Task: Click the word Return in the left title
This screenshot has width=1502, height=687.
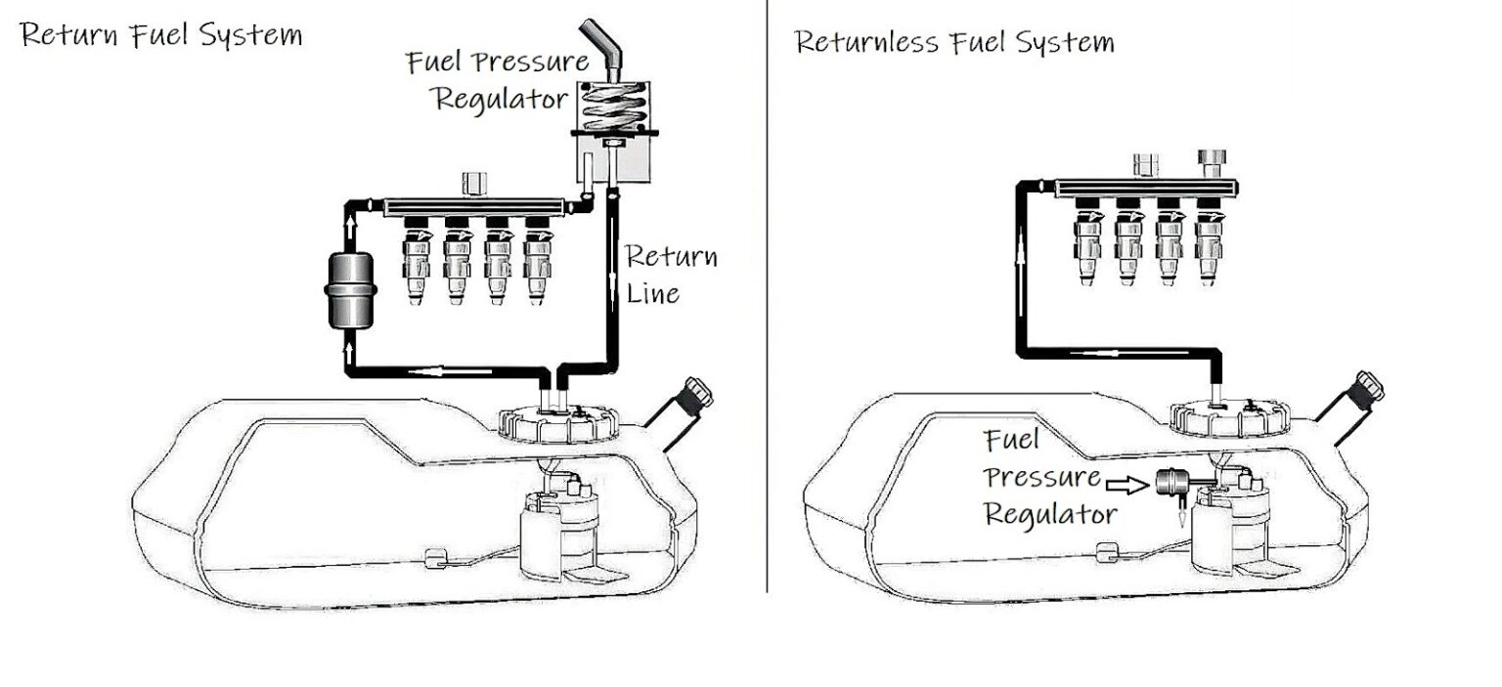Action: (66, 35)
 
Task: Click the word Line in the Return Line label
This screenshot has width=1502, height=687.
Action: (652, 292)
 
